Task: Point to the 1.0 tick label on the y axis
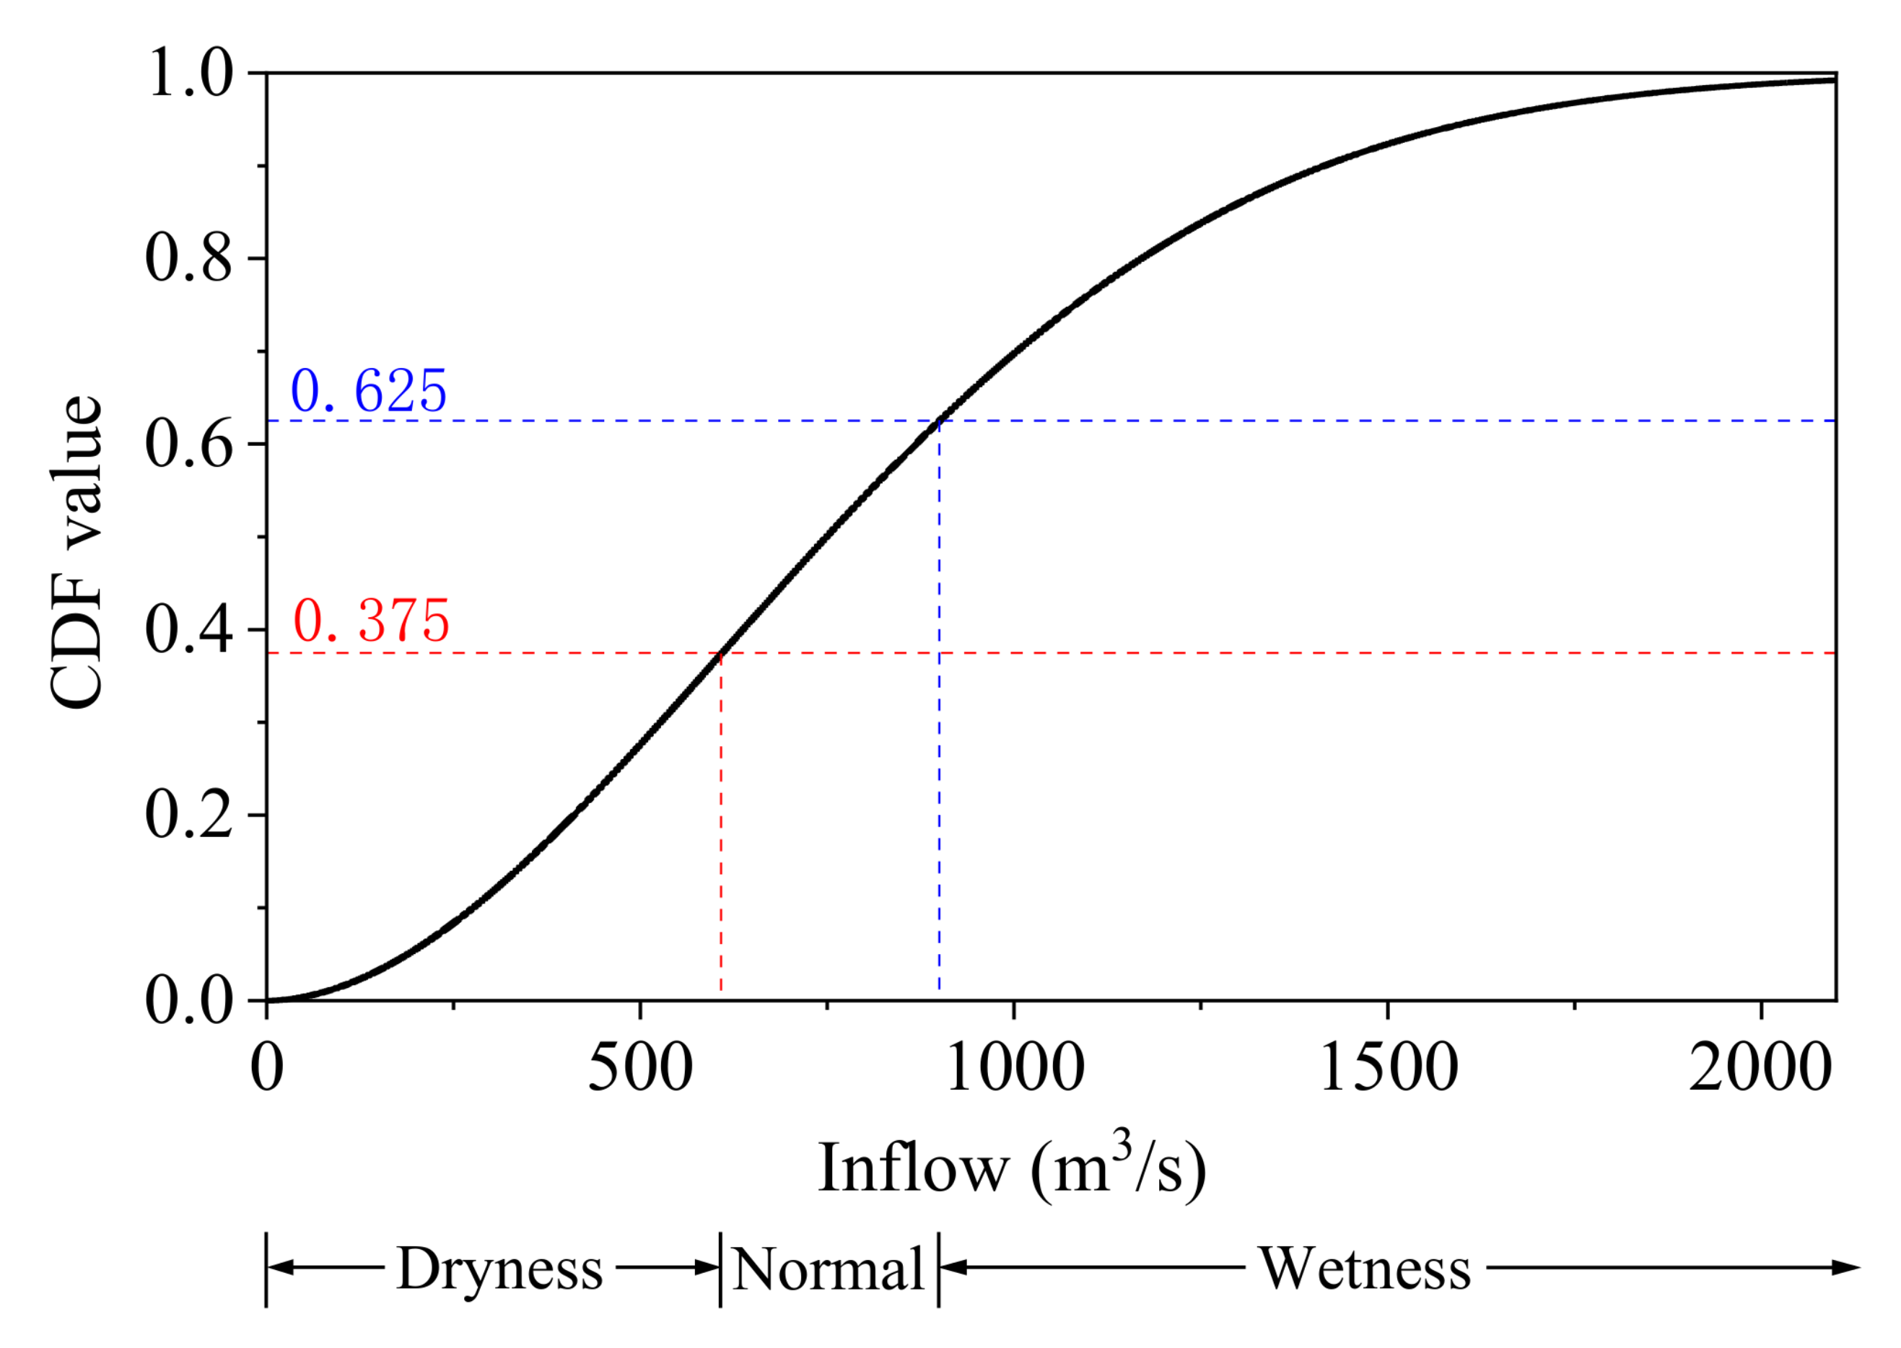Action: coord(190,73)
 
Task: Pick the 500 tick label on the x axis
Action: coord(640,1067)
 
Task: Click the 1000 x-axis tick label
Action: coord(1015,1067)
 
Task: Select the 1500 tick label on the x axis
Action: coord(1388,1067)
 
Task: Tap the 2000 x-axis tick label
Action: coord(1761,1067)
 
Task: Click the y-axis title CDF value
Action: coord(77,552)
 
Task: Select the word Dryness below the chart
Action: coord(499,1269)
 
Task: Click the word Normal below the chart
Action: coord(828,1270)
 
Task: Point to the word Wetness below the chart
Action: coord(1365,1269)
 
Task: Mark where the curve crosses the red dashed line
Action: coord(720,653)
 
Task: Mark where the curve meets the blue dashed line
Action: coord(939,421)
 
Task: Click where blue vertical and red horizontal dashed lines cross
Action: coord(939,653)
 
